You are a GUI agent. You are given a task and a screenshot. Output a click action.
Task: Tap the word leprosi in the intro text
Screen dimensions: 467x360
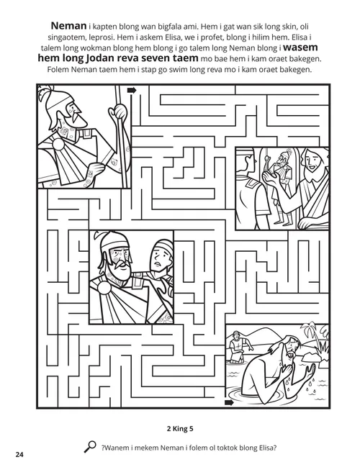(86, 35)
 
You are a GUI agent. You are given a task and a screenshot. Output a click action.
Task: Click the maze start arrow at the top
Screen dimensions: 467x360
(132, 91)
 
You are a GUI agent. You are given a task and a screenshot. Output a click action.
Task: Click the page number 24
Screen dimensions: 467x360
(19, 454)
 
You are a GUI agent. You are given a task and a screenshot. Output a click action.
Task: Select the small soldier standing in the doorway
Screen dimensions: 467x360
(279, 190)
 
